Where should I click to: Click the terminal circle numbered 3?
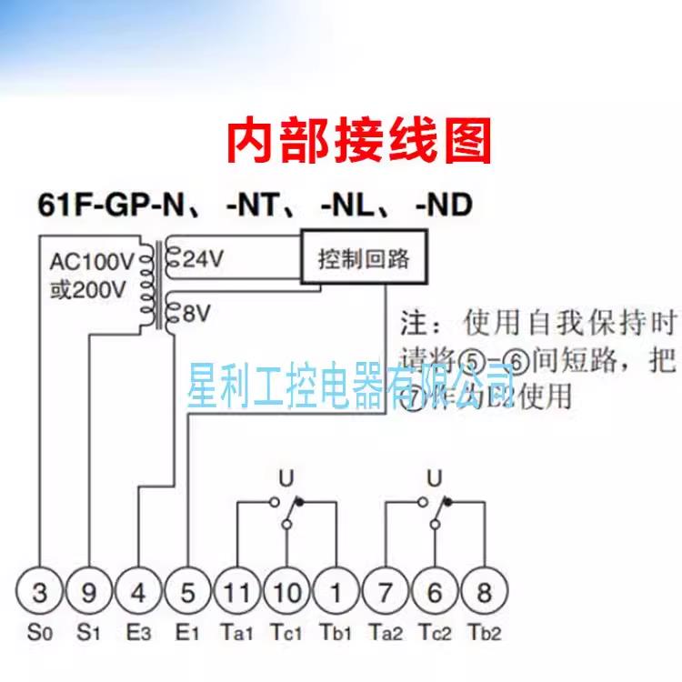click(39, 594)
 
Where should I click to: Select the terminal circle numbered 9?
click(89, 594)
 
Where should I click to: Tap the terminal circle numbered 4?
click(138, 594)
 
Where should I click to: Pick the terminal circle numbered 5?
click(187, 594)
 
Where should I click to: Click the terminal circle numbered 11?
click(237, 594)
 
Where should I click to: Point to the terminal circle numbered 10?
click(286, 594)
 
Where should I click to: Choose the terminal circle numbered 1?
click(336, 594)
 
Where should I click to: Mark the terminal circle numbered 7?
click(386, 594)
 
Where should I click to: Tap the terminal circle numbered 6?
click(435, 594)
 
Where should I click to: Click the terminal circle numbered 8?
click(484, 594)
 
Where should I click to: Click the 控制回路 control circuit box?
click(364, 260)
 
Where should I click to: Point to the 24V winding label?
click(202, 259)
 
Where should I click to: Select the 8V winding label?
click(196, 315)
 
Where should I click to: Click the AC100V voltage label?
click(92, 263)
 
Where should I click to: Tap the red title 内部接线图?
click(358, 141)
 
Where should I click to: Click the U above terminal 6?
click(435, 476)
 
